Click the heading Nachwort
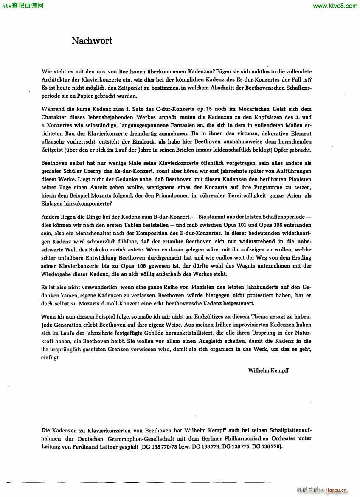(x=92, y=41)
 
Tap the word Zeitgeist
(x=54, y=150)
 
